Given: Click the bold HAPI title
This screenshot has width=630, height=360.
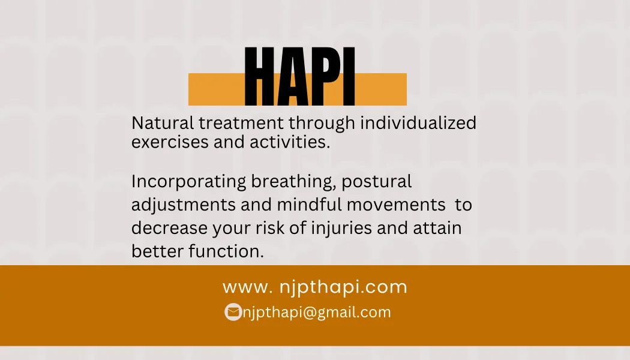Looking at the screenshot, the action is (x=300, y=76).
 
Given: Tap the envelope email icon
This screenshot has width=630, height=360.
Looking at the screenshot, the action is (x=233, y=312).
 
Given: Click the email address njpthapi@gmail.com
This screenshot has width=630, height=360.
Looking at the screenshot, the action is (x=317, y=313).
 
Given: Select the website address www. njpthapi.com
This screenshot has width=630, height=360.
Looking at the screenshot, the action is (x=314, y=287).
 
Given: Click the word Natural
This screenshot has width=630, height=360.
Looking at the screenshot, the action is (x=163, y=123).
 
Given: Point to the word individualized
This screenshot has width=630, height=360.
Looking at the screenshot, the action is (x=418, y=122).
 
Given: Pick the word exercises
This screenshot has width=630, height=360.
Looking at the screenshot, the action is (x=170, y=142).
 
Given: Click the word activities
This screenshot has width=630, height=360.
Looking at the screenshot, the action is (x=290, y=142).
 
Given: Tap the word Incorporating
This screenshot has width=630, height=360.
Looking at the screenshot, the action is (x=188, y=182).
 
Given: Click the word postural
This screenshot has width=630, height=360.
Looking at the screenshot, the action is (x=376, y=182).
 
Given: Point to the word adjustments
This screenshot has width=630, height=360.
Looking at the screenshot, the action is (x=183, y=205).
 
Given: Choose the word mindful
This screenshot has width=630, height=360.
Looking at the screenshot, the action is (x=309, y=205).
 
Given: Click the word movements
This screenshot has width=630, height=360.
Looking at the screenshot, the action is (x=396, y=205).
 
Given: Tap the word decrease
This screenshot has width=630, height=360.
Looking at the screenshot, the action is (x=169, y=228).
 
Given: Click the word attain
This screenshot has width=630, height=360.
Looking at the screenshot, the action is (x=437, y=228).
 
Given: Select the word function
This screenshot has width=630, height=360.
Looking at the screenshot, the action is (x=226, y=251).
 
